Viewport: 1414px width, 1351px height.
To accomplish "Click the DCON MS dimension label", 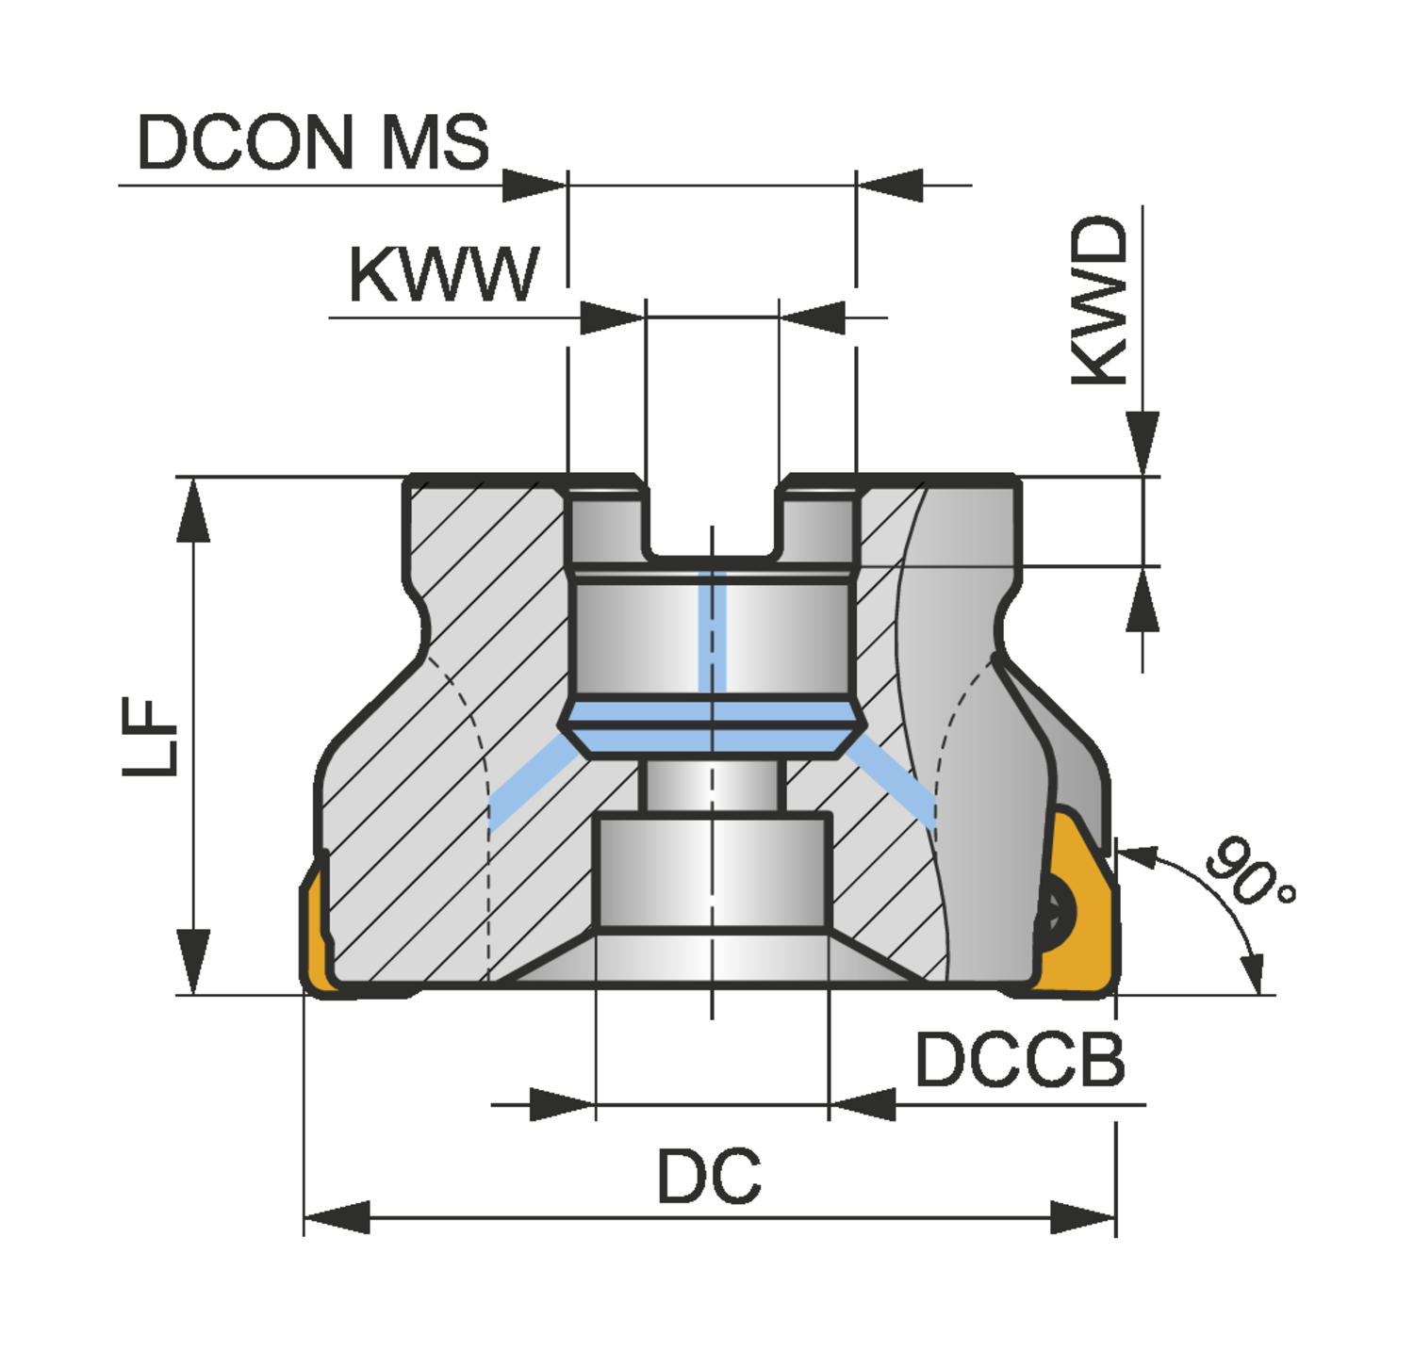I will (313, 142).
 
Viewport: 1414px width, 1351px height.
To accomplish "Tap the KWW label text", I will (443, 275).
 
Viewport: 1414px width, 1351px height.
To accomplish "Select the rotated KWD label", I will (1100, 301).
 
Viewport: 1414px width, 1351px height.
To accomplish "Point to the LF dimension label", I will (151, 737).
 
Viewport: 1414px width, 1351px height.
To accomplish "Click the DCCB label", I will (1020, 1060).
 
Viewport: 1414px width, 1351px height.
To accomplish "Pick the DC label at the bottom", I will (709, 1177).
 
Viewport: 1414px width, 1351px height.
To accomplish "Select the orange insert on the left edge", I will (315, 933).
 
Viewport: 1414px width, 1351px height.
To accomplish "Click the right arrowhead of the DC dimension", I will (1083, 1217).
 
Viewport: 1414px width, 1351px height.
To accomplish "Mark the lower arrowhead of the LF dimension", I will (193, 961).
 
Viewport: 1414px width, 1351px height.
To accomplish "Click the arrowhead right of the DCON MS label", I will (534, 186).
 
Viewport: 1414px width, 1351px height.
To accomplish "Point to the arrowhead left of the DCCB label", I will (863, 1104).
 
